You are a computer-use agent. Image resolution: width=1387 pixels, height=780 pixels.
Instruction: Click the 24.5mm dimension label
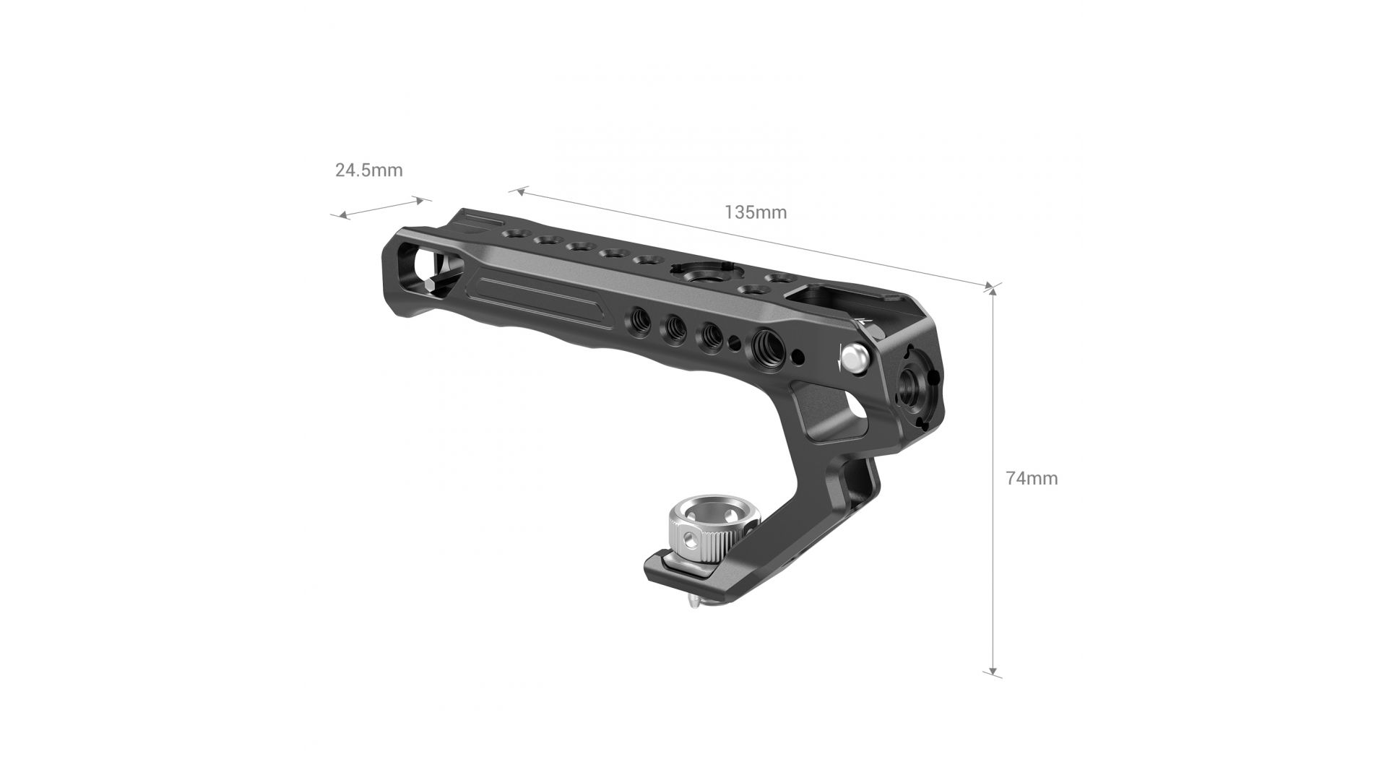(368, 170)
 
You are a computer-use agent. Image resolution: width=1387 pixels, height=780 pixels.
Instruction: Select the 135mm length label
(755, 212)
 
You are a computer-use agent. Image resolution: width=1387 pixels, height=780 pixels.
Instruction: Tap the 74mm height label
(1032, 478)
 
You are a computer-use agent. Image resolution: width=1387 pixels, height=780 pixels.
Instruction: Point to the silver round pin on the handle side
(855, 357)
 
